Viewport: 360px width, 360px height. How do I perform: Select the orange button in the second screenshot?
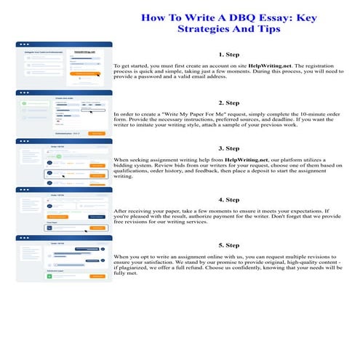pos(96,133)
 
